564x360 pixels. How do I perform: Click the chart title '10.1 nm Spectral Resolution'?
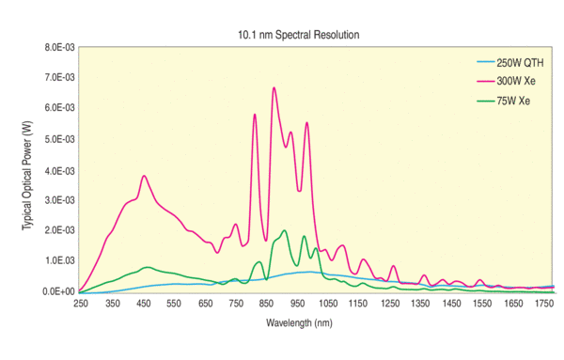pyautogui.click(x=298, y=35)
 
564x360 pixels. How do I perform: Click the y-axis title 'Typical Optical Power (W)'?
pyautogui.click(x=27, y=170)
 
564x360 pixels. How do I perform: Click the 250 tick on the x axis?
pyautogui.click(x=81, y=305)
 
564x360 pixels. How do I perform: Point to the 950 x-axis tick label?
pyautogui.click(x=298, y=305)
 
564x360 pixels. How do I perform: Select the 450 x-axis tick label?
pyautogui.click(x=143, y=305)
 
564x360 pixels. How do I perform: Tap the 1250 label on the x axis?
pyautogui.click(x=391, y=305)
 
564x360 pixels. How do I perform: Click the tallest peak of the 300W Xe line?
pyautogui.click(x=274, y=87)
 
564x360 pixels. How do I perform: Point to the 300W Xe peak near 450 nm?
pyautogui.click(x=144, y=176)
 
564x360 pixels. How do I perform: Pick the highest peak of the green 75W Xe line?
pyautogui.click(x=284, y=230)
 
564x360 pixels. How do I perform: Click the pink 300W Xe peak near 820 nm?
pyautogui.click(x=255, y=115)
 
